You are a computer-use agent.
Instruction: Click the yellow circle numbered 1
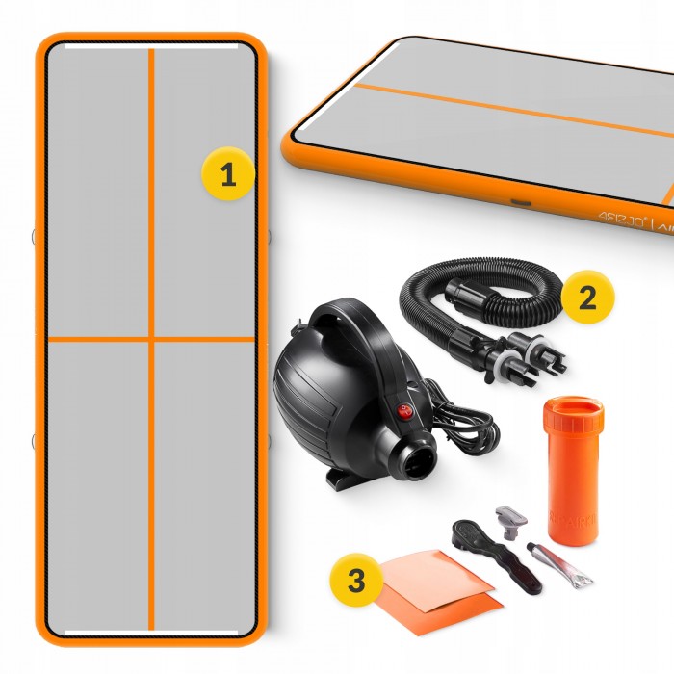227,175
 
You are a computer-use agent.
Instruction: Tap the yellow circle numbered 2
586,298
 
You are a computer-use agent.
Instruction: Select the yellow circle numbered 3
356,581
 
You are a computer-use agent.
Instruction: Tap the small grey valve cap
511,521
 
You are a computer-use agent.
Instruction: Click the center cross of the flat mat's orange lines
151,339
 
